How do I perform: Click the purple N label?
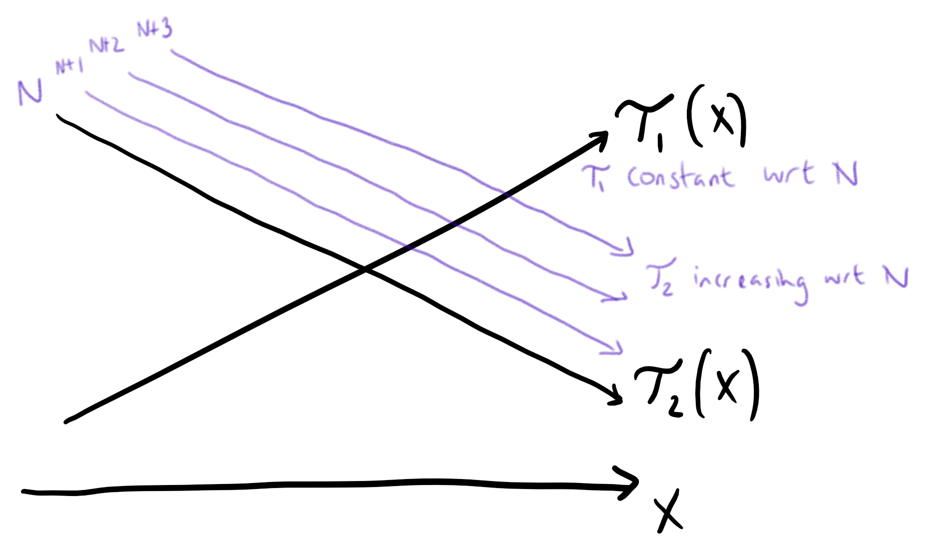30,92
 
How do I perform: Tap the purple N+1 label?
69,66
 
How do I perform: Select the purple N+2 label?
106,45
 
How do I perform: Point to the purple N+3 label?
154,29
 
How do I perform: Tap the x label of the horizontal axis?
668,510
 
